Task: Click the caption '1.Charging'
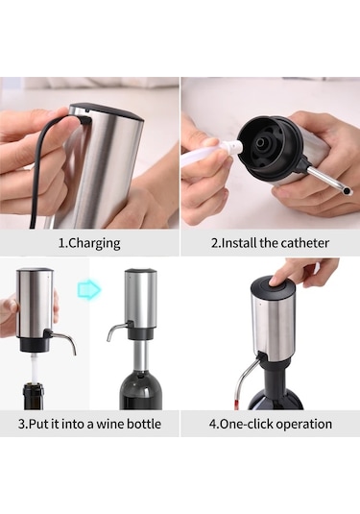[x=89, y=243]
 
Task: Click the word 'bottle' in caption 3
[x=144, y=424]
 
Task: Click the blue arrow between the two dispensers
[x=89, y=290]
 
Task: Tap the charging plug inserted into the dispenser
[x=84, y=120]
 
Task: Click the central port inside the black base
[x=262, y=142]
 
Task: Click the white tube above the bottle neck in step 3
[x=33, y=368]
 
